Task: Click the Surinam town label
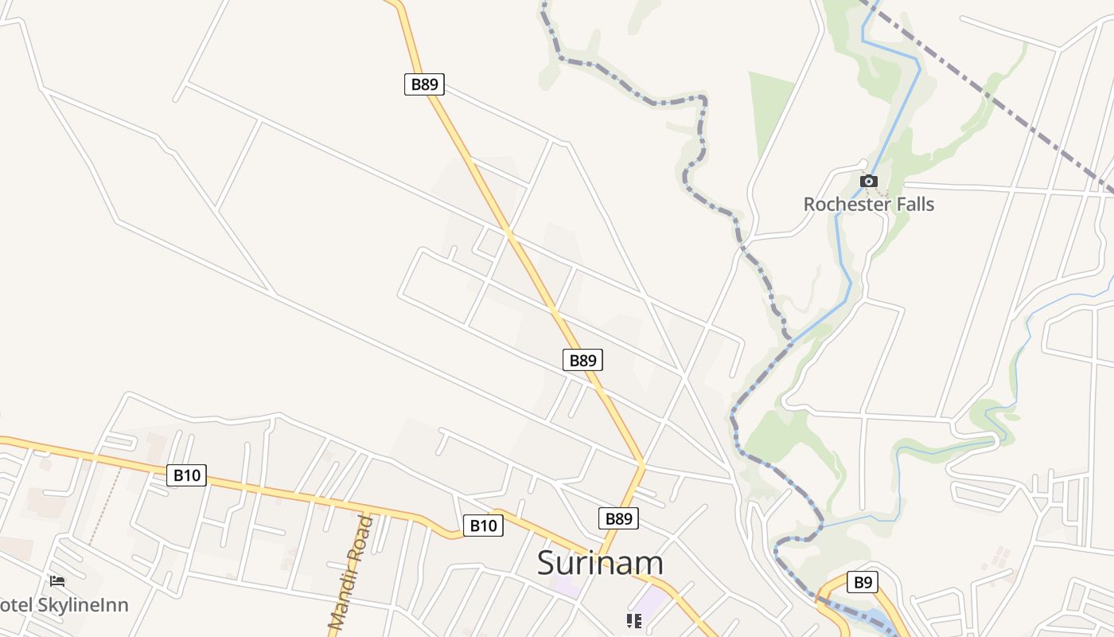(600, 563)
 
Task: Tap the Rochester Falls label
(868, 205)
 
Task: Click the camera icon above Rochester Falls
(869, 182)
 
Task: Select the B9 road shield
(863, 583)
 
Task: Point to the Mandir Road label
(351, 573)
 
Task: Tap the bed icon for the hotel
(57, 581)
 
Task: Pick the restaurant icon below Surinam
(633, 620)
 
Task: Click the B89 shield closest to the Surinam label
(618, 519)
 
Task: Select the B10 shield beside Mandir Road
(483, 526)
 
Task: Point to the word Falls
(913, 205)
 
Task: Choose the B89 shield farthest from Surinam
(424, 84)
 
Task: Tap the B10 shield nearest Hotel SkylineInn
(187, 476)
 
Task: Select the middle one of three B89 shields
(583, 360)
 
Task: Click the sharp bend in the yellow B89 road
(641, 463)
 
